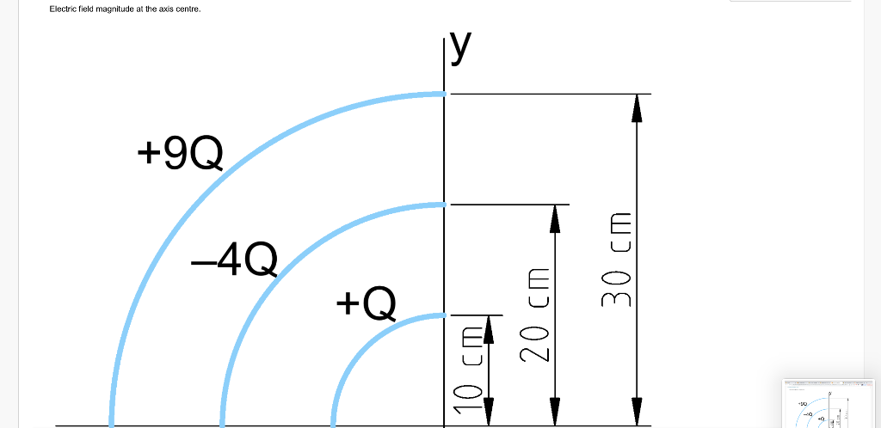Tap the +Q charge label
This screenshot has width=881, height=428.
click(367, 303)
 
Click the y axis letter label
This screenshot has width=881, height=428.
click(461, 50)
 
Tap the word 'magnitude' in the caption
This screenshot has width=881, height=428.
click(113, 9)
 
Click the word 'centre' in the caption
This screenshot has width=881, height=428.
click(187, 9)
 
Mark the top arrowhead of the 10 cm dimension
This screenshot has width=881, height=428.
click(490, 328)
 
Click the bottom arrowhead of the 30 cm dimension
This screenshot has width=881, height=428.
click(637, 412)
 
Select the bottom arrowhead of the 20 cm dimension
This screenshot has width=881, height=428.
click(555, 412)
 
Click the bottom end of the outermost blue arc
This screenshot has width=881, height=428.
click(111, 421)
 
